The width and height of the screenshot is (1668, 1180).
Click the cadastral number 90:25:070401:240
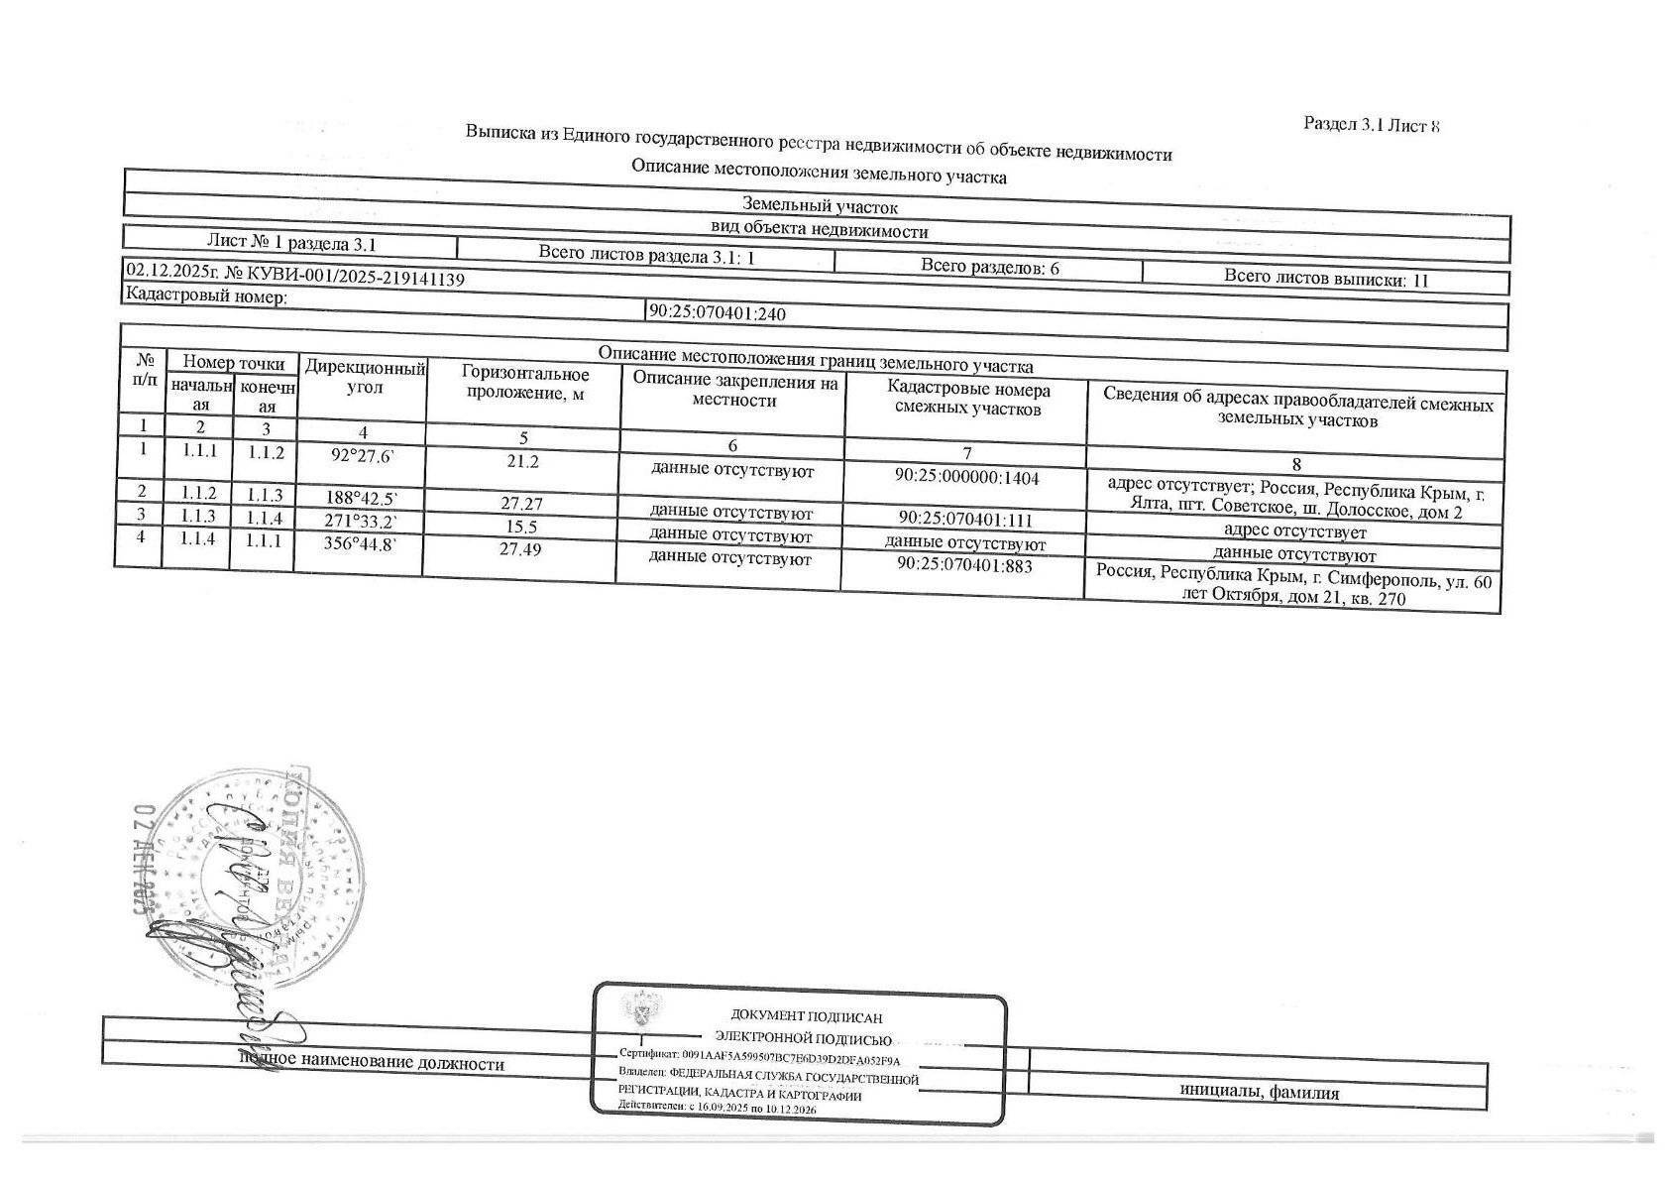click(718, 313)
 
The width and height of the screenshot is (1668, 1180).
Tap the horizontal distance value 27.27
click(521, 504)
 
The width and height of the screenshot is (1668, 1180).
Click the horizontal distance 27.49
click(520, 549)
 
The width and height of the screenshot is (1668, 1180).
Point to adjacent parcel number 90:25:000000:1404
click(966, 477)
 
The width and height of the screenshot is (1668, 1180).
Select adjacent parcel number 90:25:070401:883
click(964, 565)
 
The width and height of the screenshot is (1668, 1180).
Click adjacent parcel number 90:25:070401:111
click(965, 519)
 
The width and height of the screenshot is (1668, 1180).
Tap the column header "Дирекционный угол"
click(365, 378)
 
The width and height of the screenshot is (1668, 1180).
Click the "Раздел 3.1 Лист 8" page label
click(1371, 125)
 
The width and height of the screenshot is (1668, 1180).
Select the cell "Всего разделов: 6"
click(990, 267)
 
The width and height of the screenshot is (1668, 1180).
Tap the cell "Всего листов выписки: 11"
click(1325, 279)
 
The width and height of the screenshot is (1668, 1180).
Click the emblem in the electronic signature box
click(637, 1009)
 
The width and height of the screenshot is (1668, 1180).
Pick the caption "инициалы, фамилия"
click(1259, 1093)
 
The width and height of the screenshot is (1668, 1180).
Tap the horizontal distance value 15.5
click(519, 527)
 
